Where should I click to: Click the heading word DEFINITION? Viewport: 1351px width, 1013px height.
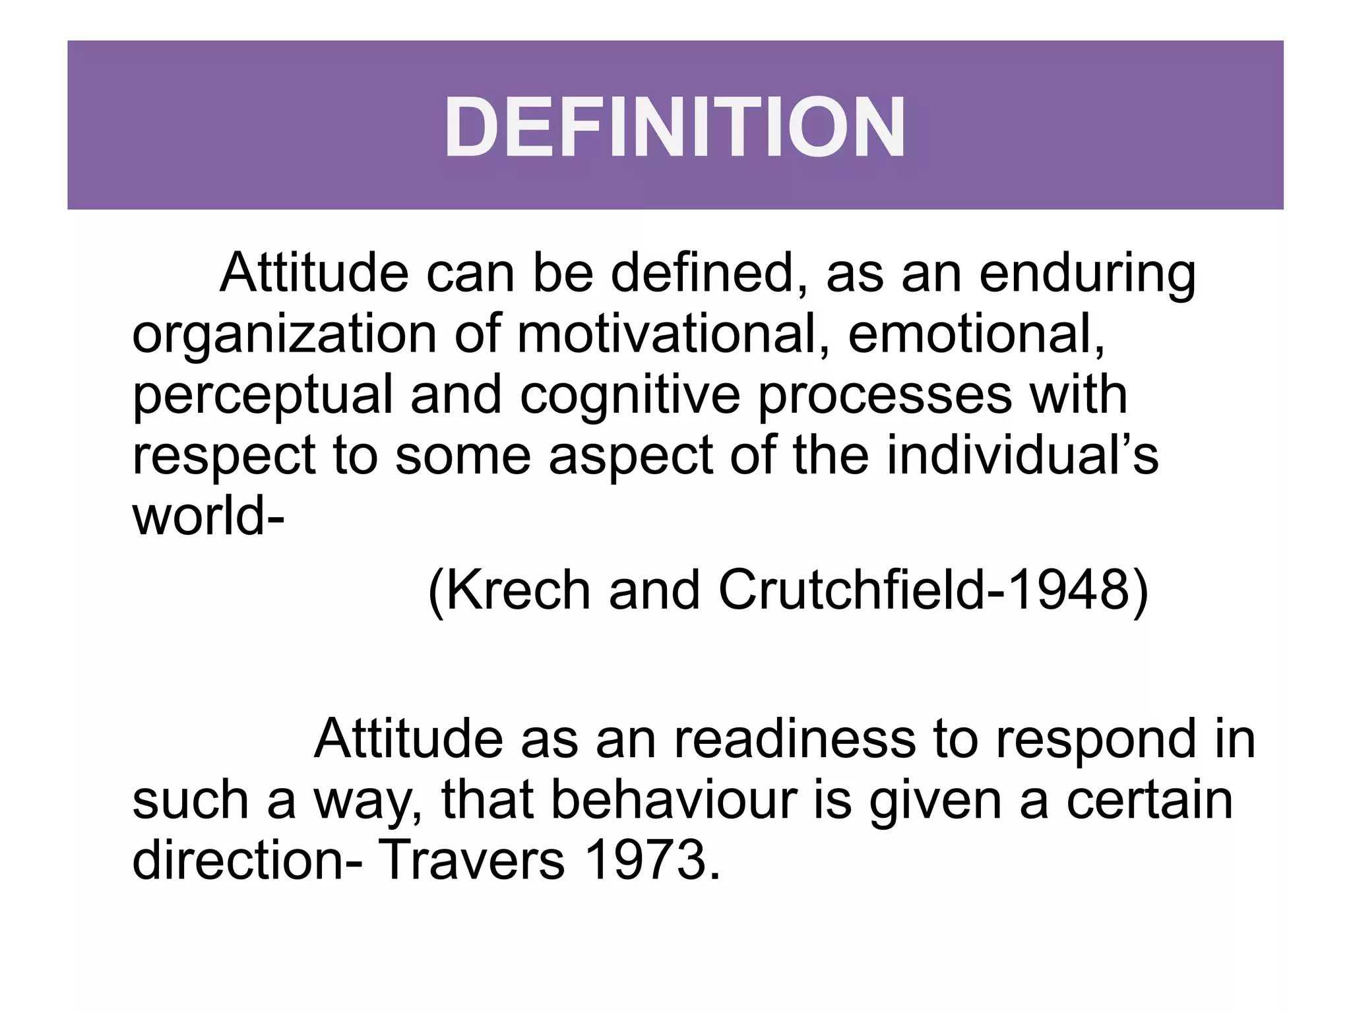pyautogui.click(x=675, y=127)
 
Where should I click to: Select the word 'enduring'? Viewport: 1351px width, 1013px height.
pyautogui.click(x=1087, y=273)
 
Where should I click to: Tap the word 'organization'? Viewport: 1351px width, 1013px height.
pyautogui.click(x=284, y=335)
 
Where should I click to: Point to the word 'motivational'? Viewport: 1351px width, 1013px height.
pyautogui.click(x=666, y=334)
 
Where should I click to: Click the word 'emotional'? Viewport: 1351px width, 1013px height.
pyautogui.click(x=976, y=334)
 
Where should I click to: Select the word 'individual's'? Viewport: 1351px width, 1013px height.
pyautogui.click(x=1022, y=455)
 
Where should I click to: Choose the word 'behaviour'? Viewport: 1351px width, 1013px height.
pyautogui.click(x=674, y=800)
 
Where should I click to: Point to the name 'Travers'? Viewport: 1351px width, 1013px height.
pyautogui.click(x=472, y=860)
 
